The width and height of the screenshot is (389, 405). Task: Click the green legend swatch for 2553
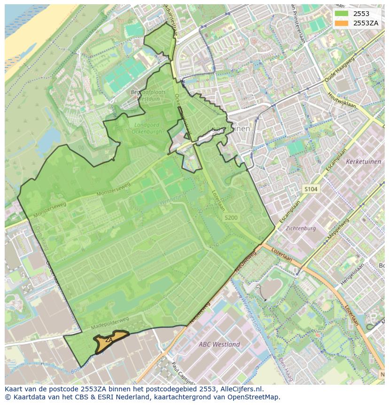(x=342, y=14)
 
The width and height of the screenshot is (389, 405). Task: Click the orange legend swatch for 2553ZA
(x=342, y=23)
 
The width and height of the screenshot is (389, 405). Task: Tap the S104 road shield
(x=311, y=189)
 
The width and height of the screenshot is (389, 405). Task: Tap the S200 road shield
(x=231, y=218)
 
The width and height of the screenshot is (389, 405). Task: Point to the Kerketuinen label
(x=363, y=161)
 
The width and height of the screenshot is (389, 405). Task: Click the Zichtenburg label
(x=301, y=228)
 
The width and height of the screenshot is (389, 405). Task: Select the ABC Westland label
(x=219, y=344)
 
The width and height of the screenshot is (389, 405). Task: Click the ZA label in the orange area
(x=109, y=340)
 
